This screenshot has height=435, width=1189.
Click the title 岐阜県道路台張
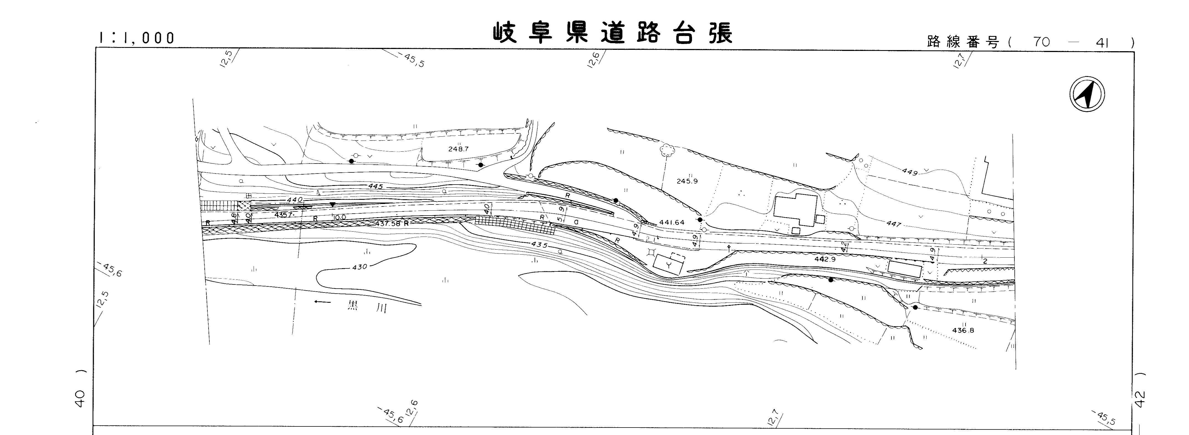click(613, 33)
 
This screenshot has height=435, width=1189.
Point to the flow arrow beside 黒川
click(322, 302)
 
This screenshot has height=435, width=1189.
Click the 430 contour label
click(359, 267)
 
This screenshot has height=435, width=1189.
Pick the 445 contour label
click(376, 186)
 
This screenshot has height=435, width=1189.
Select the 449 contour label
click(910, 172)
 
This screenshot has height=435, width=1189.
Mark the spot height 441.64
click(672, 222)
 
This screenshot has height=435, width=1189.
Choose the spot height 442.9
click(825, 260)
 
